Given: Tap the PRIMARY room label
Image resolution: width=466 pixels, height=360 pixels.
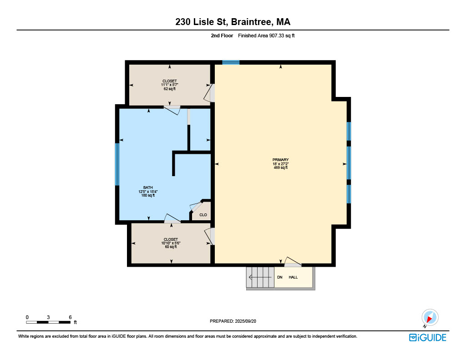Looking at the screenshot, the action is pos(280,160).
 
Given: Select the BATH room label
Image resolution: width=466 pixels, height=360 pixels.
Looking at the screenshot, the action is pos(148,188).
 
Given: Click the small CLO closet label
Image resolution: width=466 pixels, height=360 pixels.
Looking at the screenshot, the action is pos(203,215).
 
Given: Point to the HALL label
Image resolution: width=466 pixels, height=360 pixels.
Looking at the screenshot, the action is pos(293,277).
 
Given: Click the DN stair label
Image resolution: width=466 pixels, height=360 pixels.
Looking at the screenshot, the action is pos(280,277).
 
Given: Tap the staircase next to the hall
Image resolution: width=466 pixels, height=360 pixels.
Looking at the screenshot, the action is pos(260,277).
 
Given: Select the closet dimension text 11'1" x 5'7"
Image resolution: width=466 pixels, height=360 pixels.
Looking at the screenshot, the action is pos(170,85).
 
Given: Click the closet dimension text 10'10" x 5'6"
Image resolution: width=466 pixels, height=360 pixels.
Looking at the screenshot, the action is pos(171,243).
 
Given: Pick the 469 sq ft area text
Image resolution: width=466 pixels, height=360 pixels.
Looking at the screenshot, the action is pos(280,167).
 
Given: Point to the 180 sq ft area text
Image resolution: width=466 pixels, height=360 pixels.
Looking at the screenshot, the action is pos(148,195).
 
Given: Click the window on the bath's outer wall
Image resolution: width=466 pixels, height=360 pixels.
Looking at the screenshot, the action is pos(117,164).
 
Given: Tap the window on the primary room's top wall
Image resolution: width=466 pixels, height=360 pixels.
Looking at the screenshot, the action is pos(231,62).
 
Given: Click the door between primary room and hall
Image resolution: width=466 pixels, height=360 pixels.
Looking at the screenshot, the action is pos(293,262).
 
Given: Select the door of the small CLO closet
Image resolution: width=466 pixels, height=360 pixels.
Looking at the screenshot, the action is pos(196,207).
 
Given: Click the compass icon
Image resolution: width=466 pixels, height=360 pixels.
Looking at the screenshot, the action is pos(430,318).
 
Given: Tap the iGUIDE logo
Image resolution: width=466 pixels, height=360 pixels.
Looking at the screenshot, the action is pos(428,337).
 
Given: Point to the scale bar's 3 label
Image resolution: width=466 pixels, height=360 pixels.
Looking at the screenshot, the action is pos(48,317).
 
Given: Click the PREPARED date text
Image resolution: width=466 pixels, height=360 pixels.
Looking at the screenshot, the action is pos(233,321).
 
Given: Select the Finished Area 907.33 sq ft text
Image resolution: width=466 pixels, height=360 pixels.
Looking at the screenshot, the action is pos(266,35).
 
